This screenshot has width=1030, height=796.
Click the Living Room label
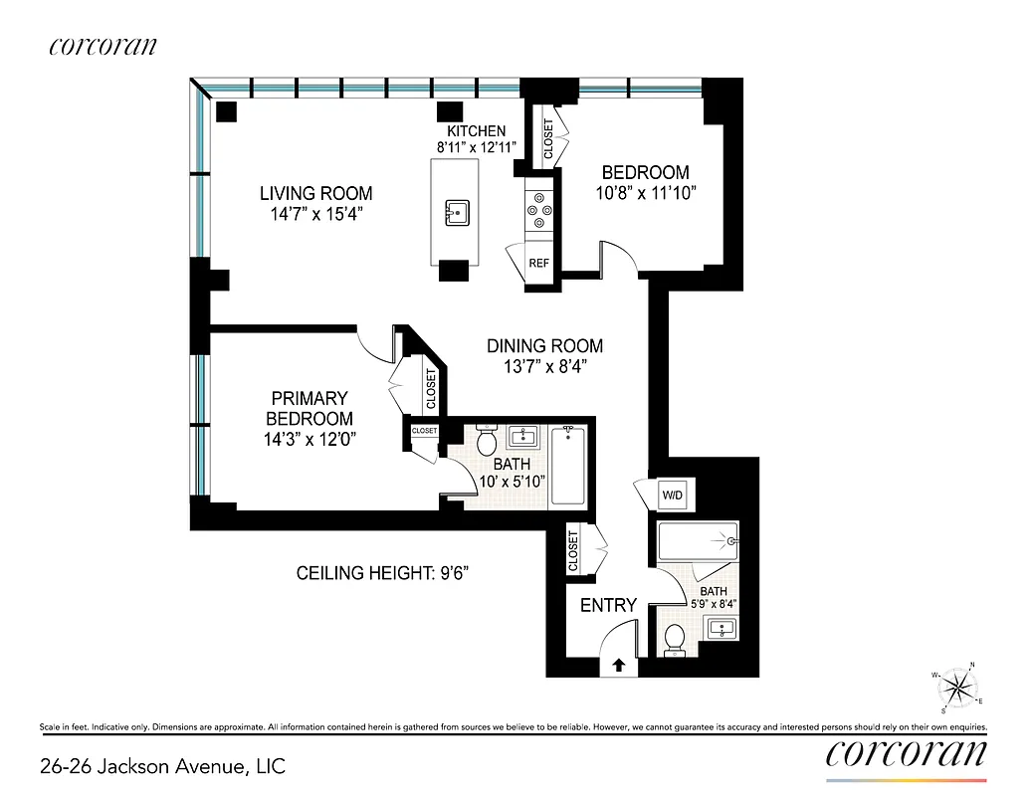coord(315,193)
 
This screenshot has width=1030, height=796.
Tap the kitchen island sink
coord(457,211)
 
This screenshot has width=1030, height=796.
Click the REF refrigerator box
coord(538,264)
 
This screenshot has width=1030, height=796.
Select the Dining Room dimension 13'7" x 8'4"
coord(544,366)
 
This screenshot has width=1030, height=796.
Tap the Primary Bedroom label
coord(309,408)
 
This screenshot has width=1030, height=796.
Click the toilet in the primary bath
coord(487,439)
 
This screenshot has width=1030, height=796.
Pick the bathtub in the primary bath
coord(569,466)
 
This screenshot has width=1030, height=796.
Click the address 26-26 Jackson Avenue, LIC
coord(162,765)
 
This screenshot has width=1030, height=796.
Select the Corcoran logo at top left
coord(102,46)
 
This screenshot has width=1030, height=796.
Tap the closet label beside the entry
coord(573,550)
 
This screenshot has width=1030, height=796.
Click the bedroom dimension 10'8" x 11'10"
coord(645,192)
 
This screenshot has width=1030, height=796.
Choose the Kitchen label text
coord(476,131)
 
